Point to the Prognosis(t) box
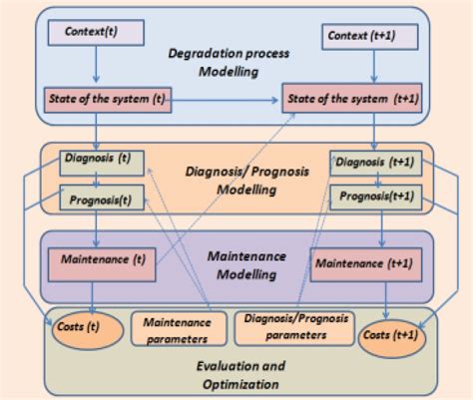[97, 200]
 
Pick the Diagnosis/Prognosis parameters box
[289, 327]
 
